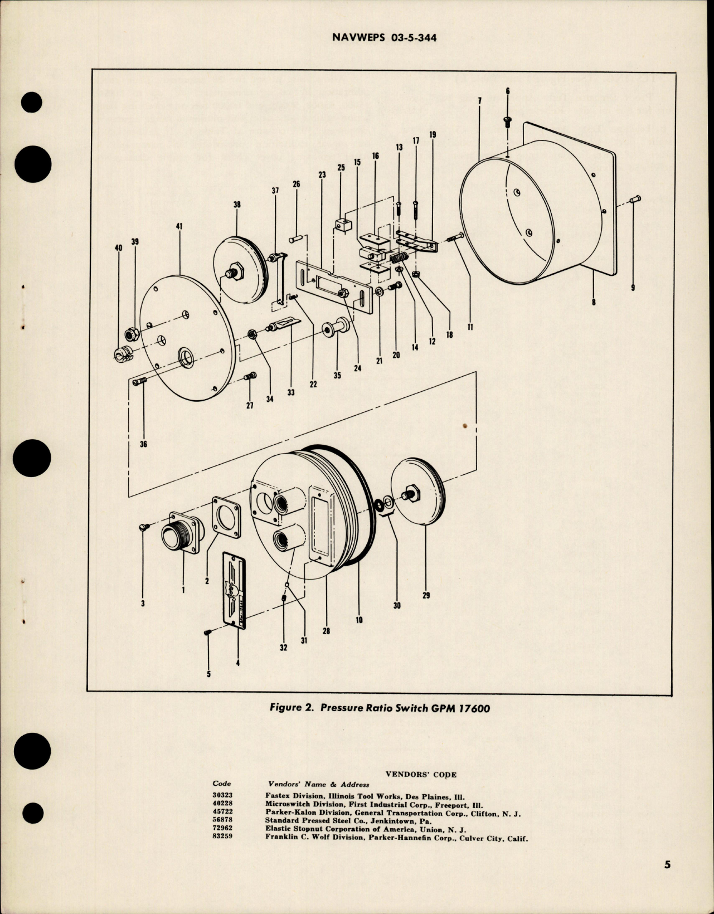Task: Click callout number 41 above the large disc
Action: (179, 226)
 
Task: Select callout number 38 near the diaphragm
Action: (237, 205)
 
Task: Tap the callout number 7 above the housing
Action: (479, 101)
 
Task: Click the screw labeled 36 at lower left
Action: (139, 382)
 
